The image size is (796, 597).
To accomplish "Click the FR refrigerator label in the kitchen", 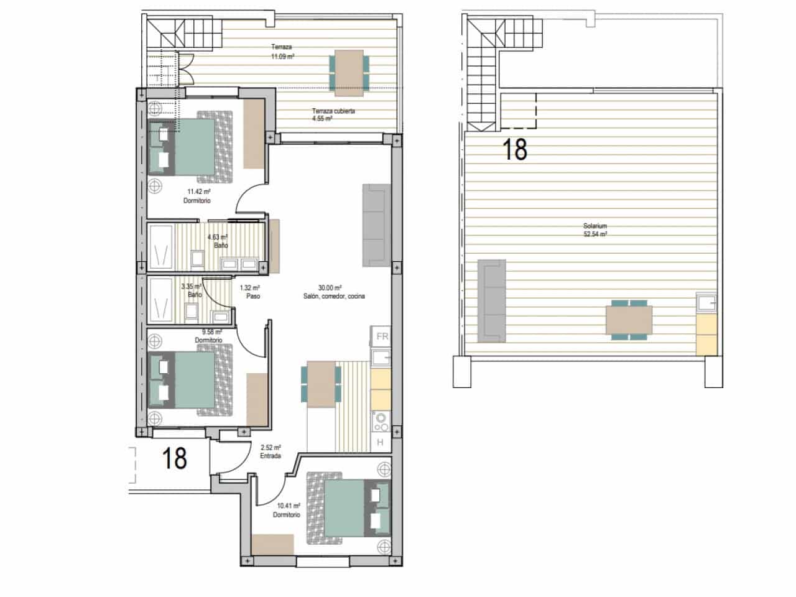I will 382,336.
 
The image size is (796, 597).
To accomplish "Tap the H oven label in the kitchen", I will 381,442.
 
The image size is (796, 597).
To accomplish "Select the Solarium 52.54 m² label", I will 595,230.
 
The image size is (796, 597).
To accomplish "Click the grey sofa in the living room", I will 376,224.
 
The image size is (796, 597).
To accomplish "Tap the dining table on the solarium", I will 629,320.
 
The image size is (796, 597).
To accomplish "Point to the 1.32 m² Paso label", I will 249,292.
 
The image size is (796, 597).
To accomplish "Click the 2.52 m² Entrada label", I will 271,451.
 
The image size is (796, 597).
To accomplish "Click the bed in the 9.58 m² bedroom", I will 194,381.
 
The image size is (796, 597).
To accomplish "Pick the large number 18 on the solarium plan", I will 514,149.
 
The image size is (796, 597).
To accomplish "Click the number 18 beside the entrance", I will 174,458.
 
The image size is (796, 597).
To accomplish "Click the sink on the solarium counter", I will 706,303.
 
